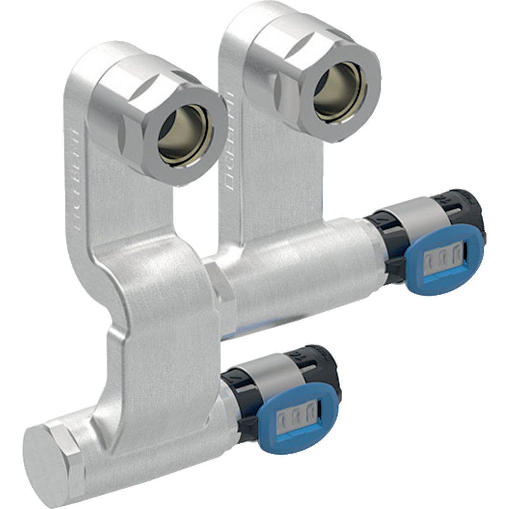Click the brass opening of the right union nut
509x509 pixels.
[338, 88]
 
